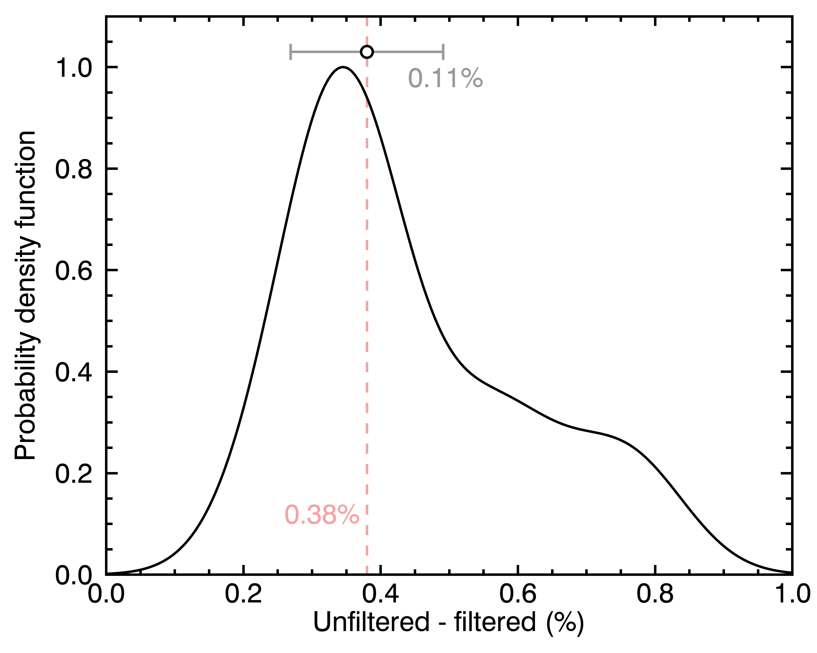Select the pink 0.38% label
[322, 515]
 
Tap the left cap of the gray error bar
[290, 52]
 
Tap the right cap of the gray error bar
[443, 52]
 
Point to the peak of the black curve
[343, 67]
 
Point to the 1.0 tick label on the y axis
[74, 68]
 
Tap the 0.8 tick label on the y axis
[74, 169]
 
